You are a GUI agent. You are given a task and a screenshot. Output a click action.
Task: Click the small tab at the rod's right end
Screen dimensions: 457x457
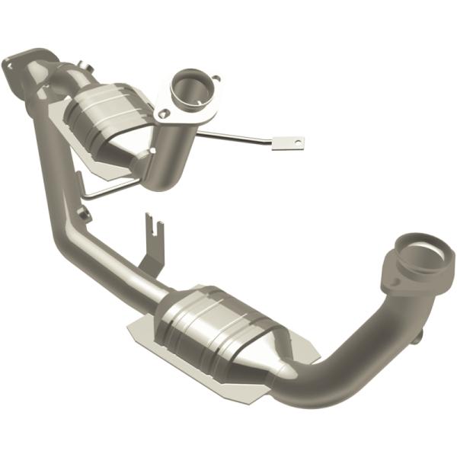(x=289, y=142)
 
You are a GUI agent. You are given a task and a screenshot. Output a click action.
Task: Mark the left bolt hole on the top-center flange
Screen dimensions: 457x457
(x=163, y=113)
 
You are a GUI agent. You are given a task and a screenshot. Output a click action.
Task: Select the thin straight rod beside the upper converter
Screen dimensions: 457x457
(x=236, y=136)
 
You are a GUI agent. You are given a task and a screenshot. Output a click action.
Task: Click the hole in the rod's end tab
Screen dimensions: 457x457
(x=292, y=142)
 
